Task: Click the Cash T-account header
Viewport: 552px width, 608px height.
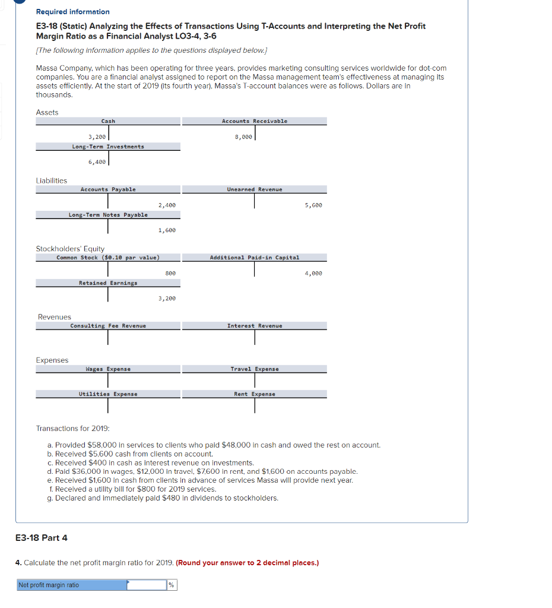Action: pos(108,121)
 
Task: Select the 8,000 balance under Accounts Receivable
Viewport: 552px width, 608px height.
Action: pos(243,137)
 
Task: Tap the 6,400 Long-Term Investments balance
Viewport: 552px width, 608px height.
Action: pos(97,161)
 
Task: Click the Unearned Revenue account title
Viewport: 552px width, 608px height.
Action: pos(255,189)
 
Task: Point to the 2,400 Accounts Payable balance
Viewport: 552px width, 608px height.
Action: pos(167,205)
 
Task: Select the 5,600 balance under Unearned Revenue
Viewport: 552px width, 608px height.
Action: pos(313,205)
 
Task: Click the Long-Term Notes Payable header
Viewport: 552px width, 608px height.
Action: pos(108,215)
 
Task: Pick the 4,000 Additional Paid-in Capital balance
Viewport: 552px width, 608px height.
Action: pos(313,273)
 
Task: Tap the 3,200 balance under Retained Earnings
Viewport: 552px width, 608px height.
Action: pos(167,298)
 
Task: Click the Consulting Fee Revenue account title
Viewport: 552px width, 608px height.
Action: pos(108,326)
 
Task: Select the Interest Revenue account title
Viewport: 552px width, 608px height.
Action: pos(255,326)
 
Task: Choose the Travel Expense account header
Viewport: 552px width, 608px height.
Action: pos(255,369)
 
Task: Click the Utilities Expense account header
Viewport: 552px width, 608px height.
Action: pos(108,394)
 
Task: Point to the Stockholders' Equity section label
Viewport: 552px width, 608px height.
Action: pos(70,249)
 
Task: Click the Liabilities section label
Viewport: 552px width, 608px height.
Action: pos(52,180)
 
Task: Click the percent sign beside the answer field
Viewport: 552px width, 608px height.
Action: pos(172,585)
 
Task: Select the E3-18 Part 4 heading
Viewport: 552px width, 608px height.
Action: pos(41,538)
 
